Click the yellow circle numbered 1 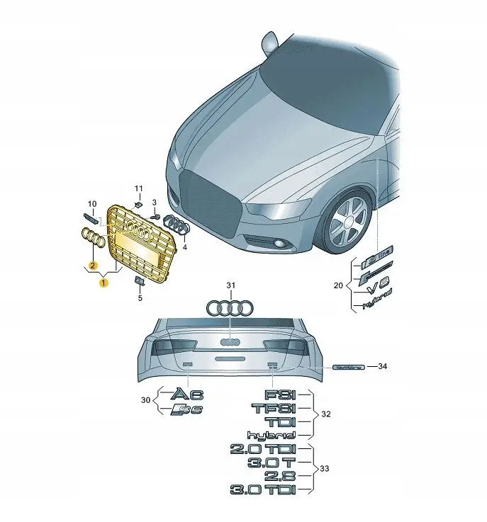103,283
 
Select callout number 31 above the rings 229,285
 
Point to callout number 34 383,366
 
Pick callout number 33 325,468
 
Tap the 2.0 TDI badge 263,449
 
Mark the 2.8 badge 281,475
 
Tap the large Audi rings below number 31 229,308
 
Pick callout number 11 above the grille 139,188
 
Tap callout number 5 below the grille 140,298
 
